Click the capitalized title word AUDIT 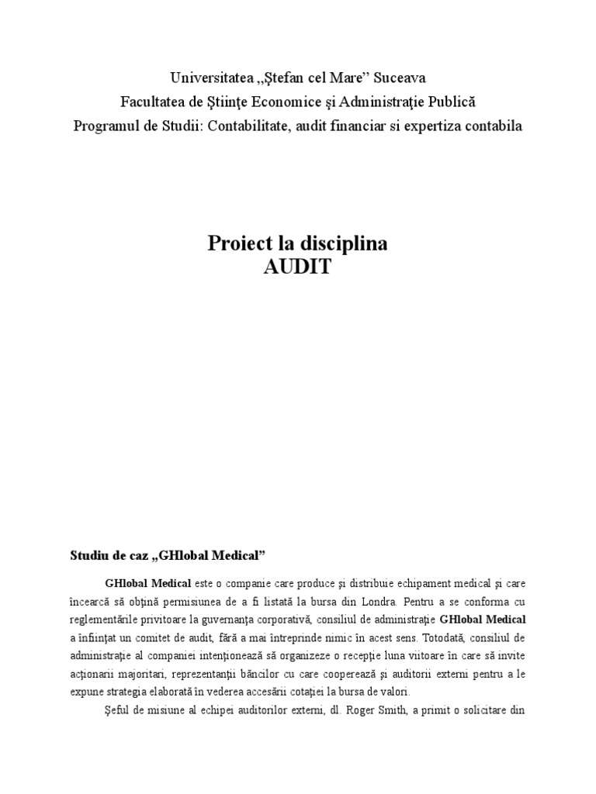[x=297, y=267]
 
